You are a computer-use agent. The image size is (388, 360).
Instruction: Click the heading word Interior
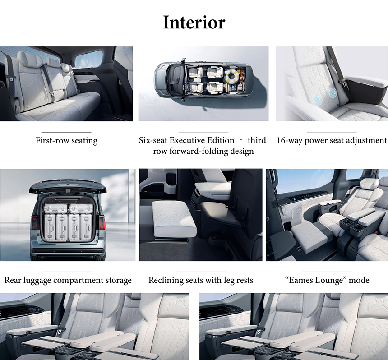coord(194,23)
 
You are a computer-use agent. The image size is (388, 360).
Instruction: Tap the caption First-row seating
coord(67,141)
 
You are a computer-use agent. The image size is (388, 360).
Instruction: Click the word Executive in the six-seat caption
coord(202,140)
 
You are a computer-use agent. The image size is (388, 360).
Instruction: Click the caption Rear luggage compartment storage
coord(68,280)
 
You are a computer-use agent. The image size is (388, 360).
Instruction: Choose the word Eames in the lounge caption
coord(302,280)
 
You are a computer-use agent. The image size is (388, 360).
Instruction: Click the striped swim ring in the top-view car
coord(232,75)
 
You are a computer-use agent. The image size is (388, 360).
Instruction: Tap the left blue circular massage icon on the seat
coord(318,100)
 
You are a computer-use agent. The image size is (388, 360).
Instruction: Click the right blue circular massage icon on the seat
coord(333,93)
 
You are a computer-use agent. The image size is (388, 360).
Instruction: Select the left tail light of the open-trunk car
coord(34,222)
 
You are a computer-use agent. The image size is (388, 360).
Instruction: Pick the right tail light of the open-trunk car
coord(102,222)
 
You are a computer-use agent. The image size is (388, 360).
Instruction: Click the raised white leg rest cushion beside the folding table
coord(174,218)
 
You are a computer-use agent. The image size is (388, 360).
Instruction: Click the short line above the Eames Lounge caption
coord(327,272)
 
